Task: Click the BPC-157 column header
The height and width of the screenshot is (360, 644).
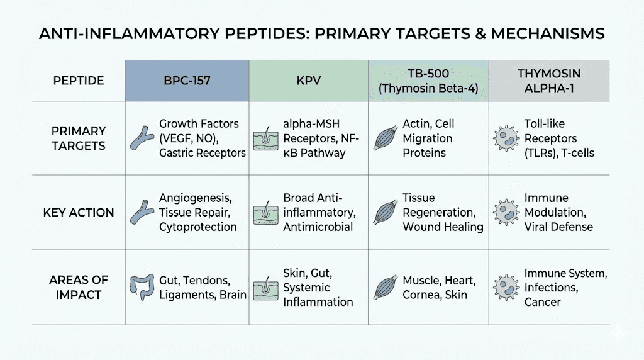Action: pyautogui.click(x=187, y=81)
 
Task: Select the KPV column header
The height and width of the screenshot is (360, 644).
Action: pyautogui.click(x=309, y=81)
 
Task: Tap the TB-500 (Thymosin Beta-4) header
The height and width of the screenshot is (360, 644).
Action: pyautogui.click(x=428, y=81)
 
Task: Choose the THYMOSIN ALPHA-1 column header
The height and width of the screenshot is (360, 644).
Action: pyautogui.click(x=549, y=81)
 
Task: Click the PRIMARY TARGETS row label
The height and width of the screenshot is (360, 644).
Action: pyautogui.click(x=79, y=138)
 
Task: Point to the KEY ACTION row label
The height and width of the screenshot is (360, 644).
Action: pyautogui.click(x=79, y=212)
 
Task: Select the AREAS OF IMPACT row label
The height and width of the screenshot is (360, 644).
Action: pyautogui.click(x=79, y=287)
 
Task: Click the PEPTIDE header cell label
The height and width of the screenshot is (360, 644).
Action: pyautogui.click(x=78, y=81)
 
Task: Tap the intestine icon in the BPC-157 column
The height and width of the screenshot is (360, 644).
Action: pyautogui.click(x=142, y=287)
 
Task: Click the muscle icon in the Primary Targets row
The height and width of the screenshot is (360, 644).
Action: pyautogui.click(x=385, y=138)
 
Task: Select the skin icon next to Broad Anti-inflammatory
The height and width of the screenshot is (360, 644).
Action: pyautogui.click(x=265, y=212)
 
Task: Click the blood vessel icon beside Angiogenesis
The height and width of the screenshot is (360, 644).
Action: pyautogui.click(x=142, y=212)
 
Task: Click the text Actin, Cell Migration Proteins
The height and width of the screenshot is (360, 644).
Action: pyautogui.click(x=430, y=138)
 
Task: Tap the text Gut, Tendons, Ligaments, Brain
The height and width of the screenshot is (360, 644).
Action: pyautogui.click(x=203, y=287)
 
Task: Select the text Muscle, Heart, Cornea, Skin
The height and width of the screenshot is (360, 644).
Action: pyautogui.click(x=439, y=287)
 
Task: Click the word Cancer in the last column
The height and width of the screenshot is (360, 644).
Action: pyautogui.click(x=542, y=302)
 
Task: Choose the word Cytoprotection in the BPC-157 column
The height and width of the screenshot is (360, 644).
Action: pyautogui.click(x=197, y=227)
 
